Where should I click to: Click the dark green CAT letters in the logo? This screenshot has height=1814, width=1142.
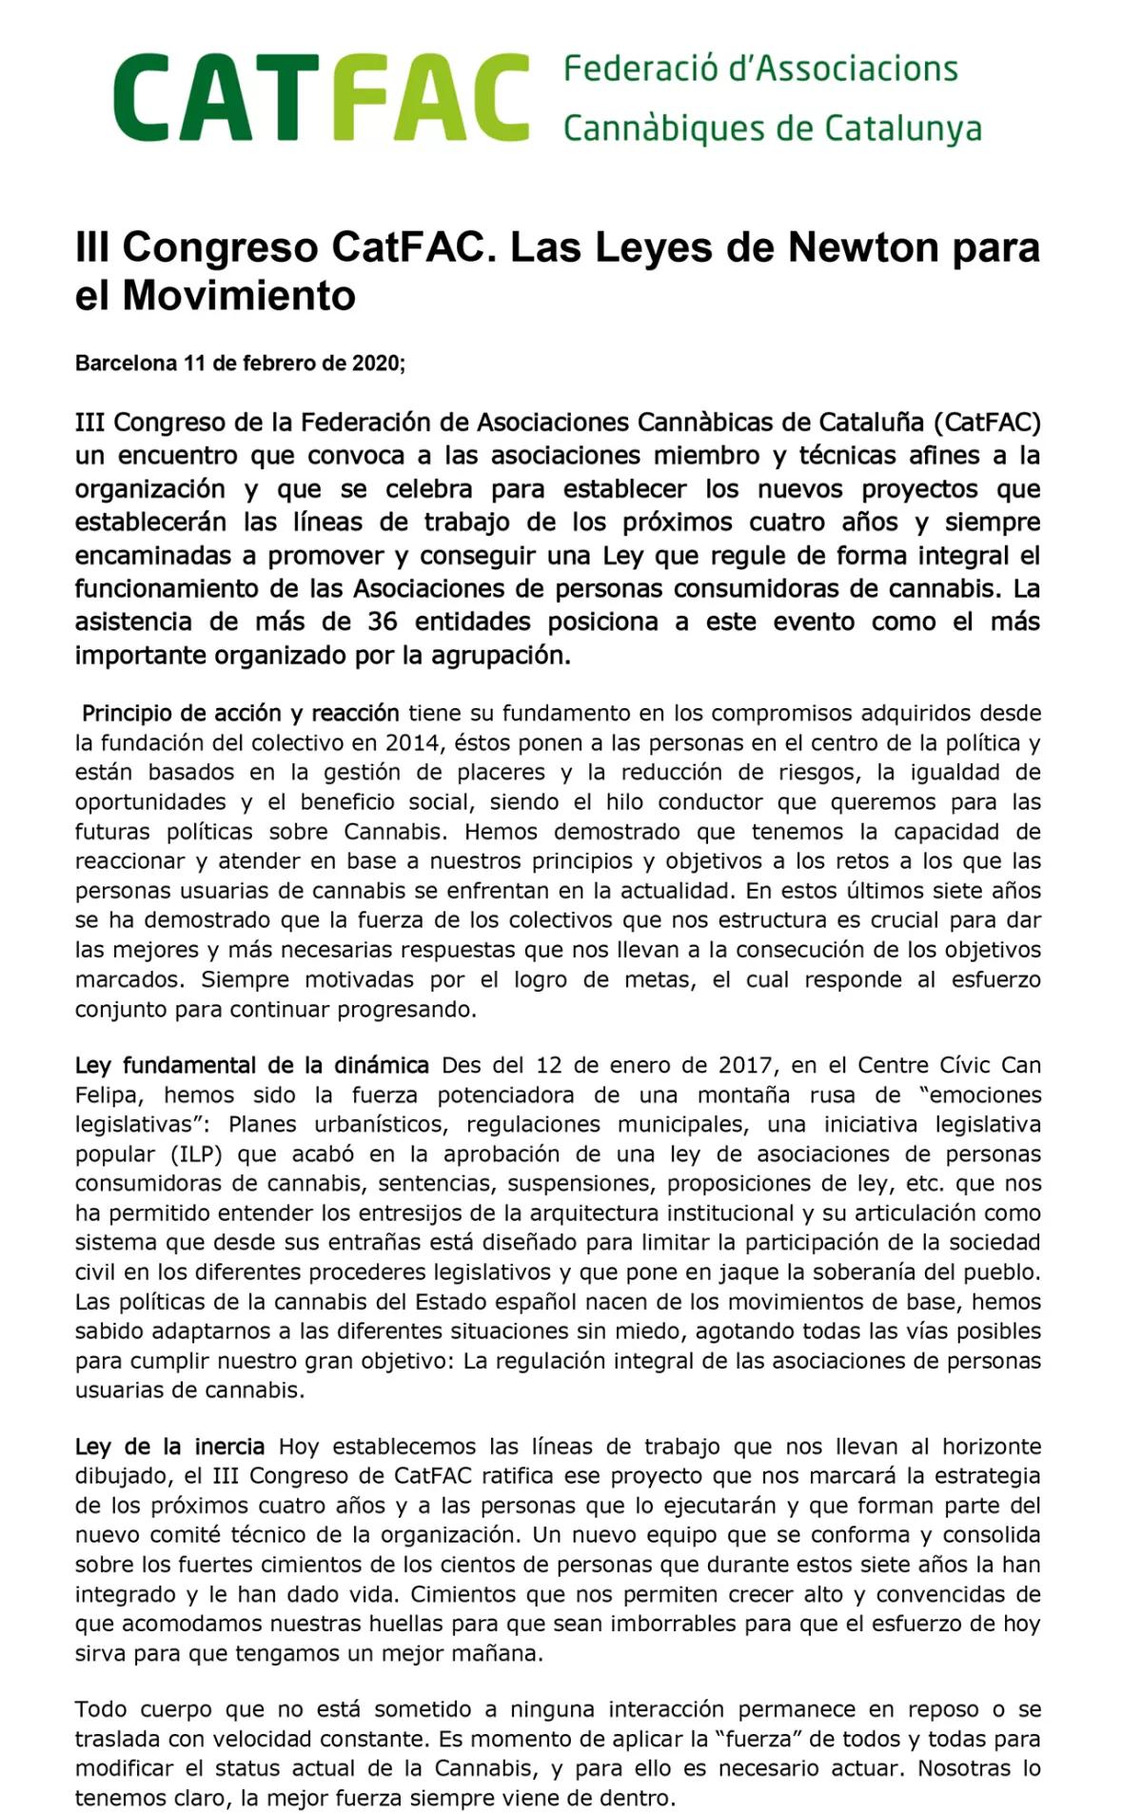click(214, 98)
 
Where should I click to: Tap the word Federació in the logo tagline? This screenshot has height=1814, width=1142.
click(624, 69)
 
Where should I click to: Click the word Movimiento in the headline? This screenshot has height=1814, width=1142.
click(239, 296)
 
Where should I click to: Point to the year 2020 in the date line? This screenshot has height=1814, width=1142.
click(375, 363)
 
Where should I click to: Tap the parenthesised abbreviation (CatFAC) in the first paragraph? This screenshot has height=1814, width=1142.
click(987, 422)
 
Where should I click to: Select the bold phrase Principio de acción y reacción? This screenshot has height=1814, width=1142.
click(240, 713)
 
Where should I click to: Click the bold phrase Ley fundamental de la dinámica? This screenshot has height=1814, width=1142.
click(251, 1065)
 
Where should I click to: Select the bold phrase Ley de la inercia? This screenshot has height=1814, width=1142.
click(169, 1447)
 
